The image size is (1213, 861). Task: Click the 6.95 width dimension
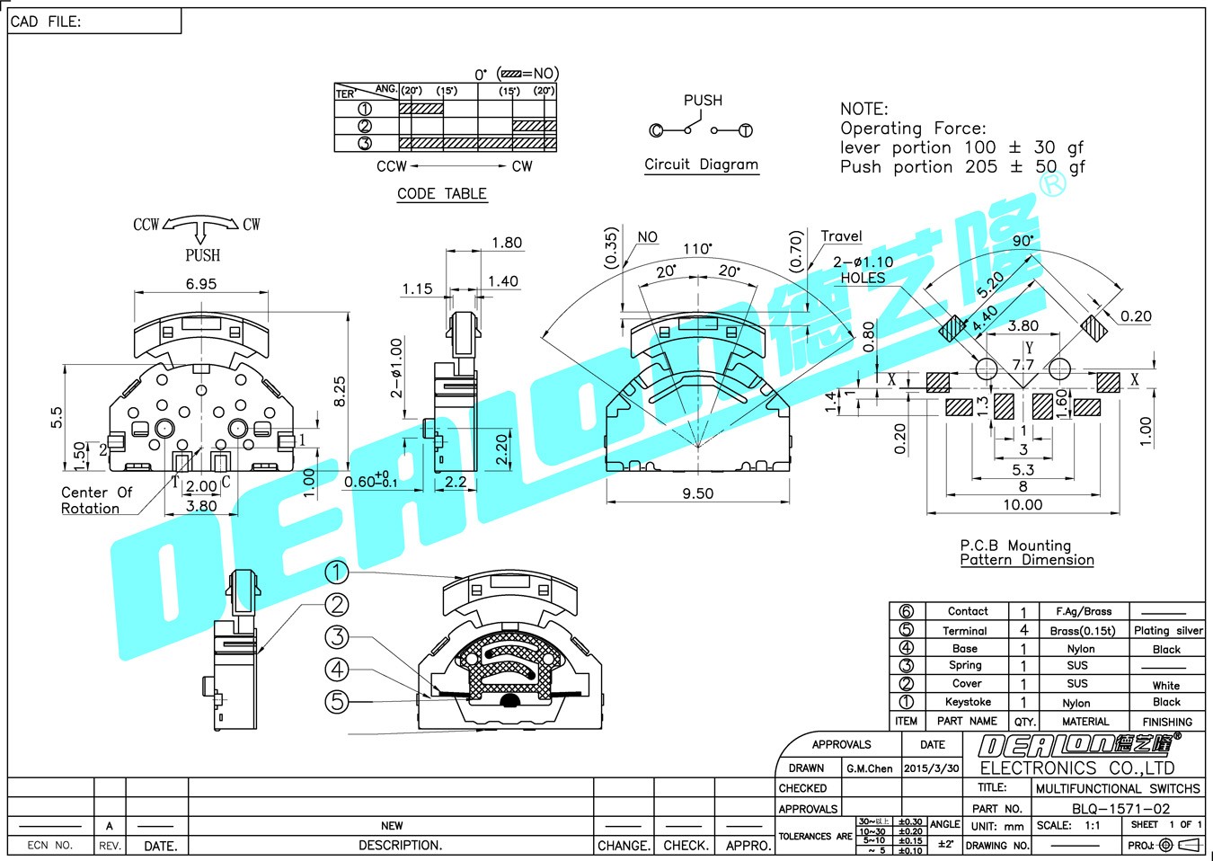coord(201,284)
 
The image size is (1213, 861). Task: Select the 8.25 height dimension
coord(340,391)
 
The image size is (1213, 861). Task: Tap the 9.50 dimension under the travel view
coord(697,493)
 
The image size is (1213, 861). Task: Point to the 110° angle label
coord(697,249)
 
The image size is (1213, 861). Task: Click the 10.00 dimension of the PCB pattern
coord(1023,505)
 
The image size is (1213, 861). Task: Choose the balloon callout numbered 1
coord(336,572)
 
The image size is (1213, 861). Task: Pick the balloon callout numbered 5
coord(336,701)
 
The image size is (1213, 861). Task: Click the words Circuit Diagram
coord(701,164)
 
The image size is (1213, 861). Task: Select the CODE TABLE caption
coord(442,194)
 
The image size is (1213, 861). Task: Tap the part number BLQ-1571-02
coord(1120,808)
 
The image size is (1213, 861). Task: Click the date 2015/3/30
coord(931,768)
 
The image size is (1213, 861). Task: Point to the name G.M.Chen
coord(869,768)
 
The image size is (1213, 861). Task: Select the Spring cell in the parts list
coord(965,665)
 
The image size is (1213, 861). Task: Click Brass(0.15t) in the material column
coord(1082,631)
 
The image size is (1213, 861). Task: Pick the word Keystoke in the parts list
coord(968,702)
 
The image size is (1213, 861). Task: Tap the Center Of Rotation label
coord(95,501)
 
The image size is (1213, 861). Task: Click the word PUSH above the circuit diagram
coord(703,101)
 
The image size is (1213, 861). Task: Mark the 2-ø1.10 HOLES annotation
coord(863,270)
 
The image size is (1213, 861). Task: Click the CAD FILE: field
coord(46,22)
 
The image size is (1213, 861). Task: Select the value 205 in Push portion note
coord(980,167)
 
